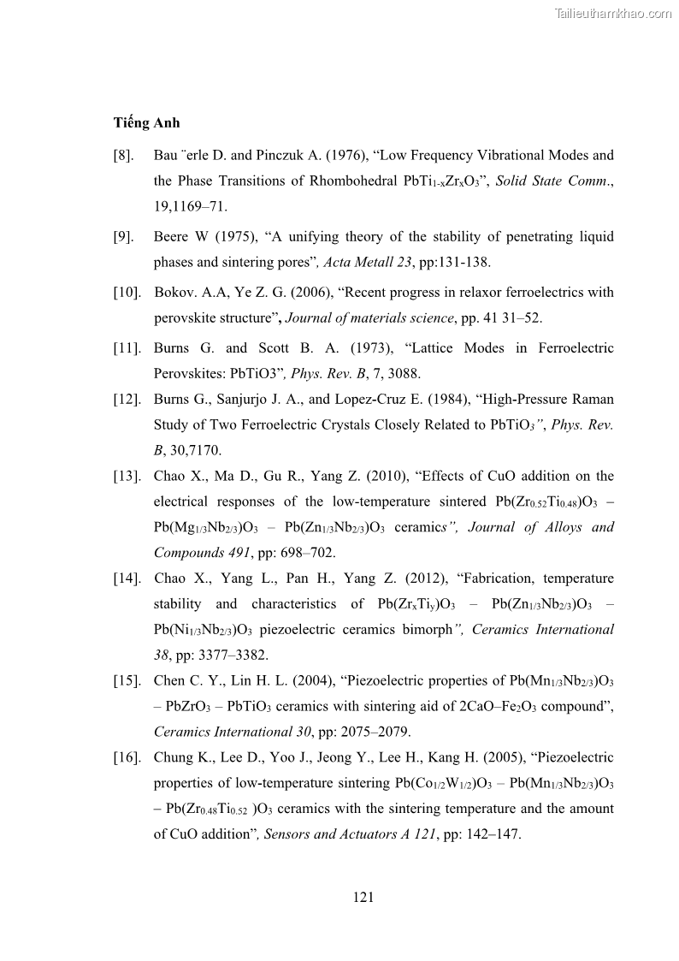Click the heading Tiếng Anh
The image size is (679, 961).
coord(146,122)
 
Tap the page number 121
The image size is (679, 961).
coord(363,897)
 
